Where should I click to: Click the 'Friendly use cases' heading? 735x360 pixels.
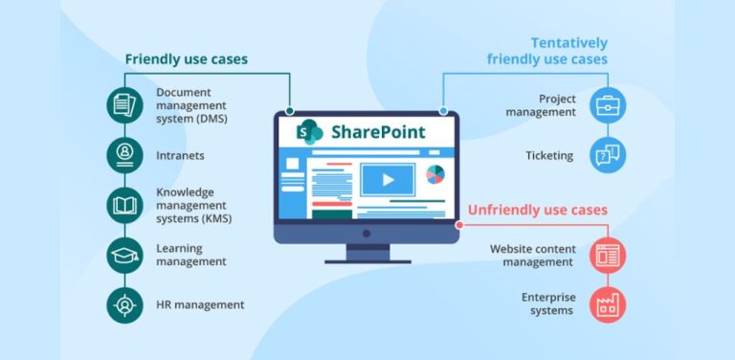click(186, 59)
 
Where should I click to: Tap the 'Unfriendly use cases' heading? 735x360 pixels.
click(537, 210)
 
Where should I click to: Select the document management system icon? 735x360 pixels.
click(124, 104)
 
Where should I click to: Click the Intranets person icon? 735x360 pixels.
click(124, 154)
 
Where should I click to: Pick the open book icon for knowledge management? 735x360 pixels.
click(124, 204)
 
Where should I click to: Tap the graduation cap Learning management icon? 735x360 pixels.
click(124, 255)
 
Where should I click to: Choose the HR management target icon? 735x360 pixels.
click(124, 304)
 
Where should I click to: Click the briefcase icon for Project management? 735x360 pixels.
click(609, 104)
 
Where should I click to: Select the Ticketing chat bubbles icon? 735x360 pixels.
click(609, 154)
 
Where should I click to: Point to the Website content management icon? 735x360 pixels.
click(609, 255)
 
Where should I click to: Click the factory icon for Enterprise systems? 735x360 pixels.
click(609, 304)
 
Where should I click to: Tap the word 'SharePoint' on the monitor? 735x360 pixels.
click(377, 131)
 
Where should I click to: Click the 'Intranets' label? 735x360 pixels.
click(181, 154)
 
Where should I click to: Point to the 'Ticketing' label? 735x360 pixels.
click(549, 154)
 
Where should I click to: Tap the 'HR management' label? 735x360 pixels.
click(200, 304)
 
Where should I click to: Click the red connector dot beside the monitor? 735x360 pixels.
click(460, 226)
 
